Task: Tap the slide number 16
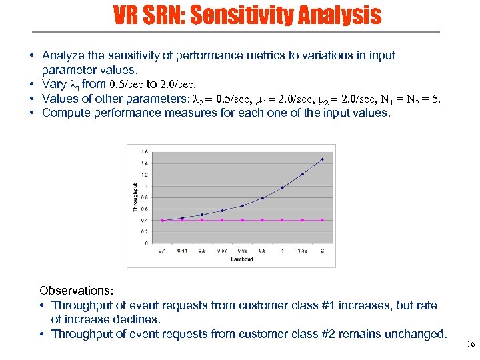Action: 470,345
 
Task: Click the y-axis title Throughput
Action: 136,197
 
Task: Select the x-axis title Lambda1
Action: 243,259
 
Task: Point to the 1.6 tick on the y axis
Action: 146,151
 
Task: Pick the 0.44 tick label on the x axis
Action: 182,250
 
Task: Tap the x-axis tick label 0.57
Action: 222,250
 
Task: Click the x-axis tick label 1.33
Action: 303,250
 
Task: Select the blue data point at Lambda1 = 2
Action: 323,159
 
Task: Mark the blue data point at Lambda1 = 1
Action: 283,188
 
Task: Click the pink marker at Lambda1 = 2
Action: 323,220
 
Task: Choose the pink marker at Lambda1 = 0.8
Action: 263,220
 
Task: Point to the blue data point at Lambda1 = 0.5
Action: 202,215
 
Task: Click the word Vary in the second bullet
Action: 54,84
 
